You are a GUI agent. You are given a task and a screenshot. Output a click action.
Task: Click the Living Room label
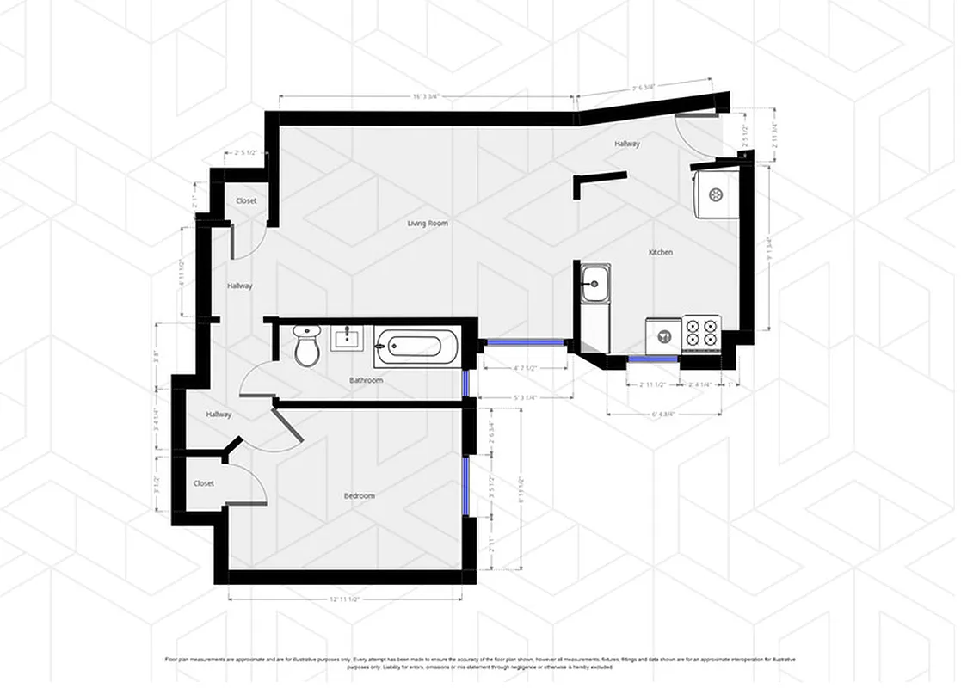click(x=428, y=224)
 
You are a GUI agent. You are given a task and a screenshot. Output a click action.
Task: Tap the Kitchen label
click(x=660, y=252)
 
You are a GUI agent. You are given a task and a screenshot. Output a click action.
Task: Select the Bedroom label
click(x=359, y=496)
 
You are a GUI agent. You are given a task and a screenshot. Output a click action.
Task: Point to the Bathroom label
click(x=366, y=380)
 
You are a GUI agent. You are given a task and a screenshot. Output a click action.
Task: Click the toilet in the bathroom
click(x=306, y=346)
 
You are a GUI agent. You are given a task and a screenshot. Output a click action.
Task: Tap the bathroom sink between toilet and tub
click(x=348, y=338)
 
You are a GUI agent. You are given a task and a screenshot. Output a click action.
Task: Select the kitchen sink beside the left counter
click(x=594, y=283)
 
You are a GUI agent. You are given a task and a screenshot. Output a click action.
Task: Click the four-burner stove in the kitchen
click(x=701, y=332)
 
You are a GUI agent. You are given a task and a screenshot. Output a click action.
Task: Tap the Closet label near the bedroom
click(x=204, y=483)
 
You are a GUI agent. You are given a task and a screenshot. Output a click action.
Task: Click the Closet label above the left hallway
click(x=246, y=201)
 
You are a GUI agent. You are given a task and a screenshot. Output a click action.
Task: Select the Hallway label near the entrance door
click(x=626, y=144)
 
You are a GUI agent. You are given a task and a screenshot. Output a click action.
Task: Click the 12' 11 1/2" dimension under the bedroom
click(x=344, y=599)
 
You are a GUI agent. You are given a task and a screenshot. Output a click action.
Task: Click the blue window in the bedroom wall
click(x=465, y=486)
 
